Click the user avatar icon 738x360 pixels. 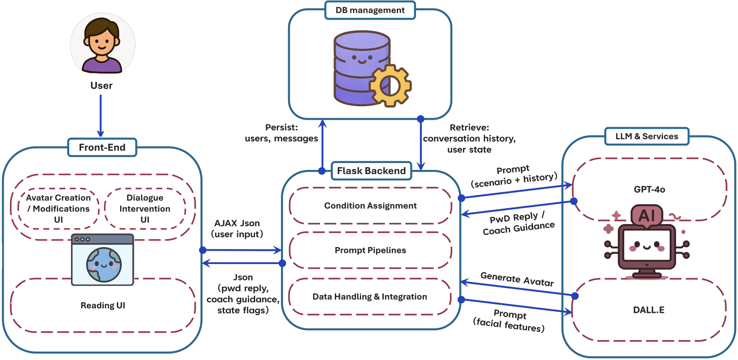(102, 44)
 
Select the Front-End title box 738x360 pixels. (102, 147)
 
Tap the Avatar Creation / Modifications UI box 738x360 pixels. (59, 208)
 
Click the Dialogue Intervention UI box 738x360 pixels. (145, 208)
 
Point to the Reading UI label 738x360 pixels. (103, 305)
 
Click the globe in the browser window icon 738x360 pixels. (104, 265)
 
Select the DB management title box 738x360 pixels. (370, 10)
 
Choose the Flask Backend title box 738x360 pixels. (371, 171)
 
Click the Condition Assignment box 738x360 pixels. (370, 206)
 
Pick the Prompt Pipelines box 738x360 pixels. (370, 250)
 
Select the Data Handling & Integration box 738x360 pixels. (370, 297)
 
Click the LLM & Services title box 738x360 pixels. (647, 136)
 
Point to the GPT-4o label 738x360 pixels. (649, 189)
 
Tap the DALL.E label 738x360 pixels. (649, 310)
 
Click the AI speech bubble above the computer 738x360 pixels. (646, 216)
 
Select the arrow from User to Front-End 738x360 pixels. (101, 116)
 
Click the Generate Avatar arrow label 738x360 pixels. (517, 279)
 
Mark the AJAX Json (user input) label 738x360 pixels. (237, 229)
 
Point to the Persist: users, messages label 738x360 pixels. (281, 133)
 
